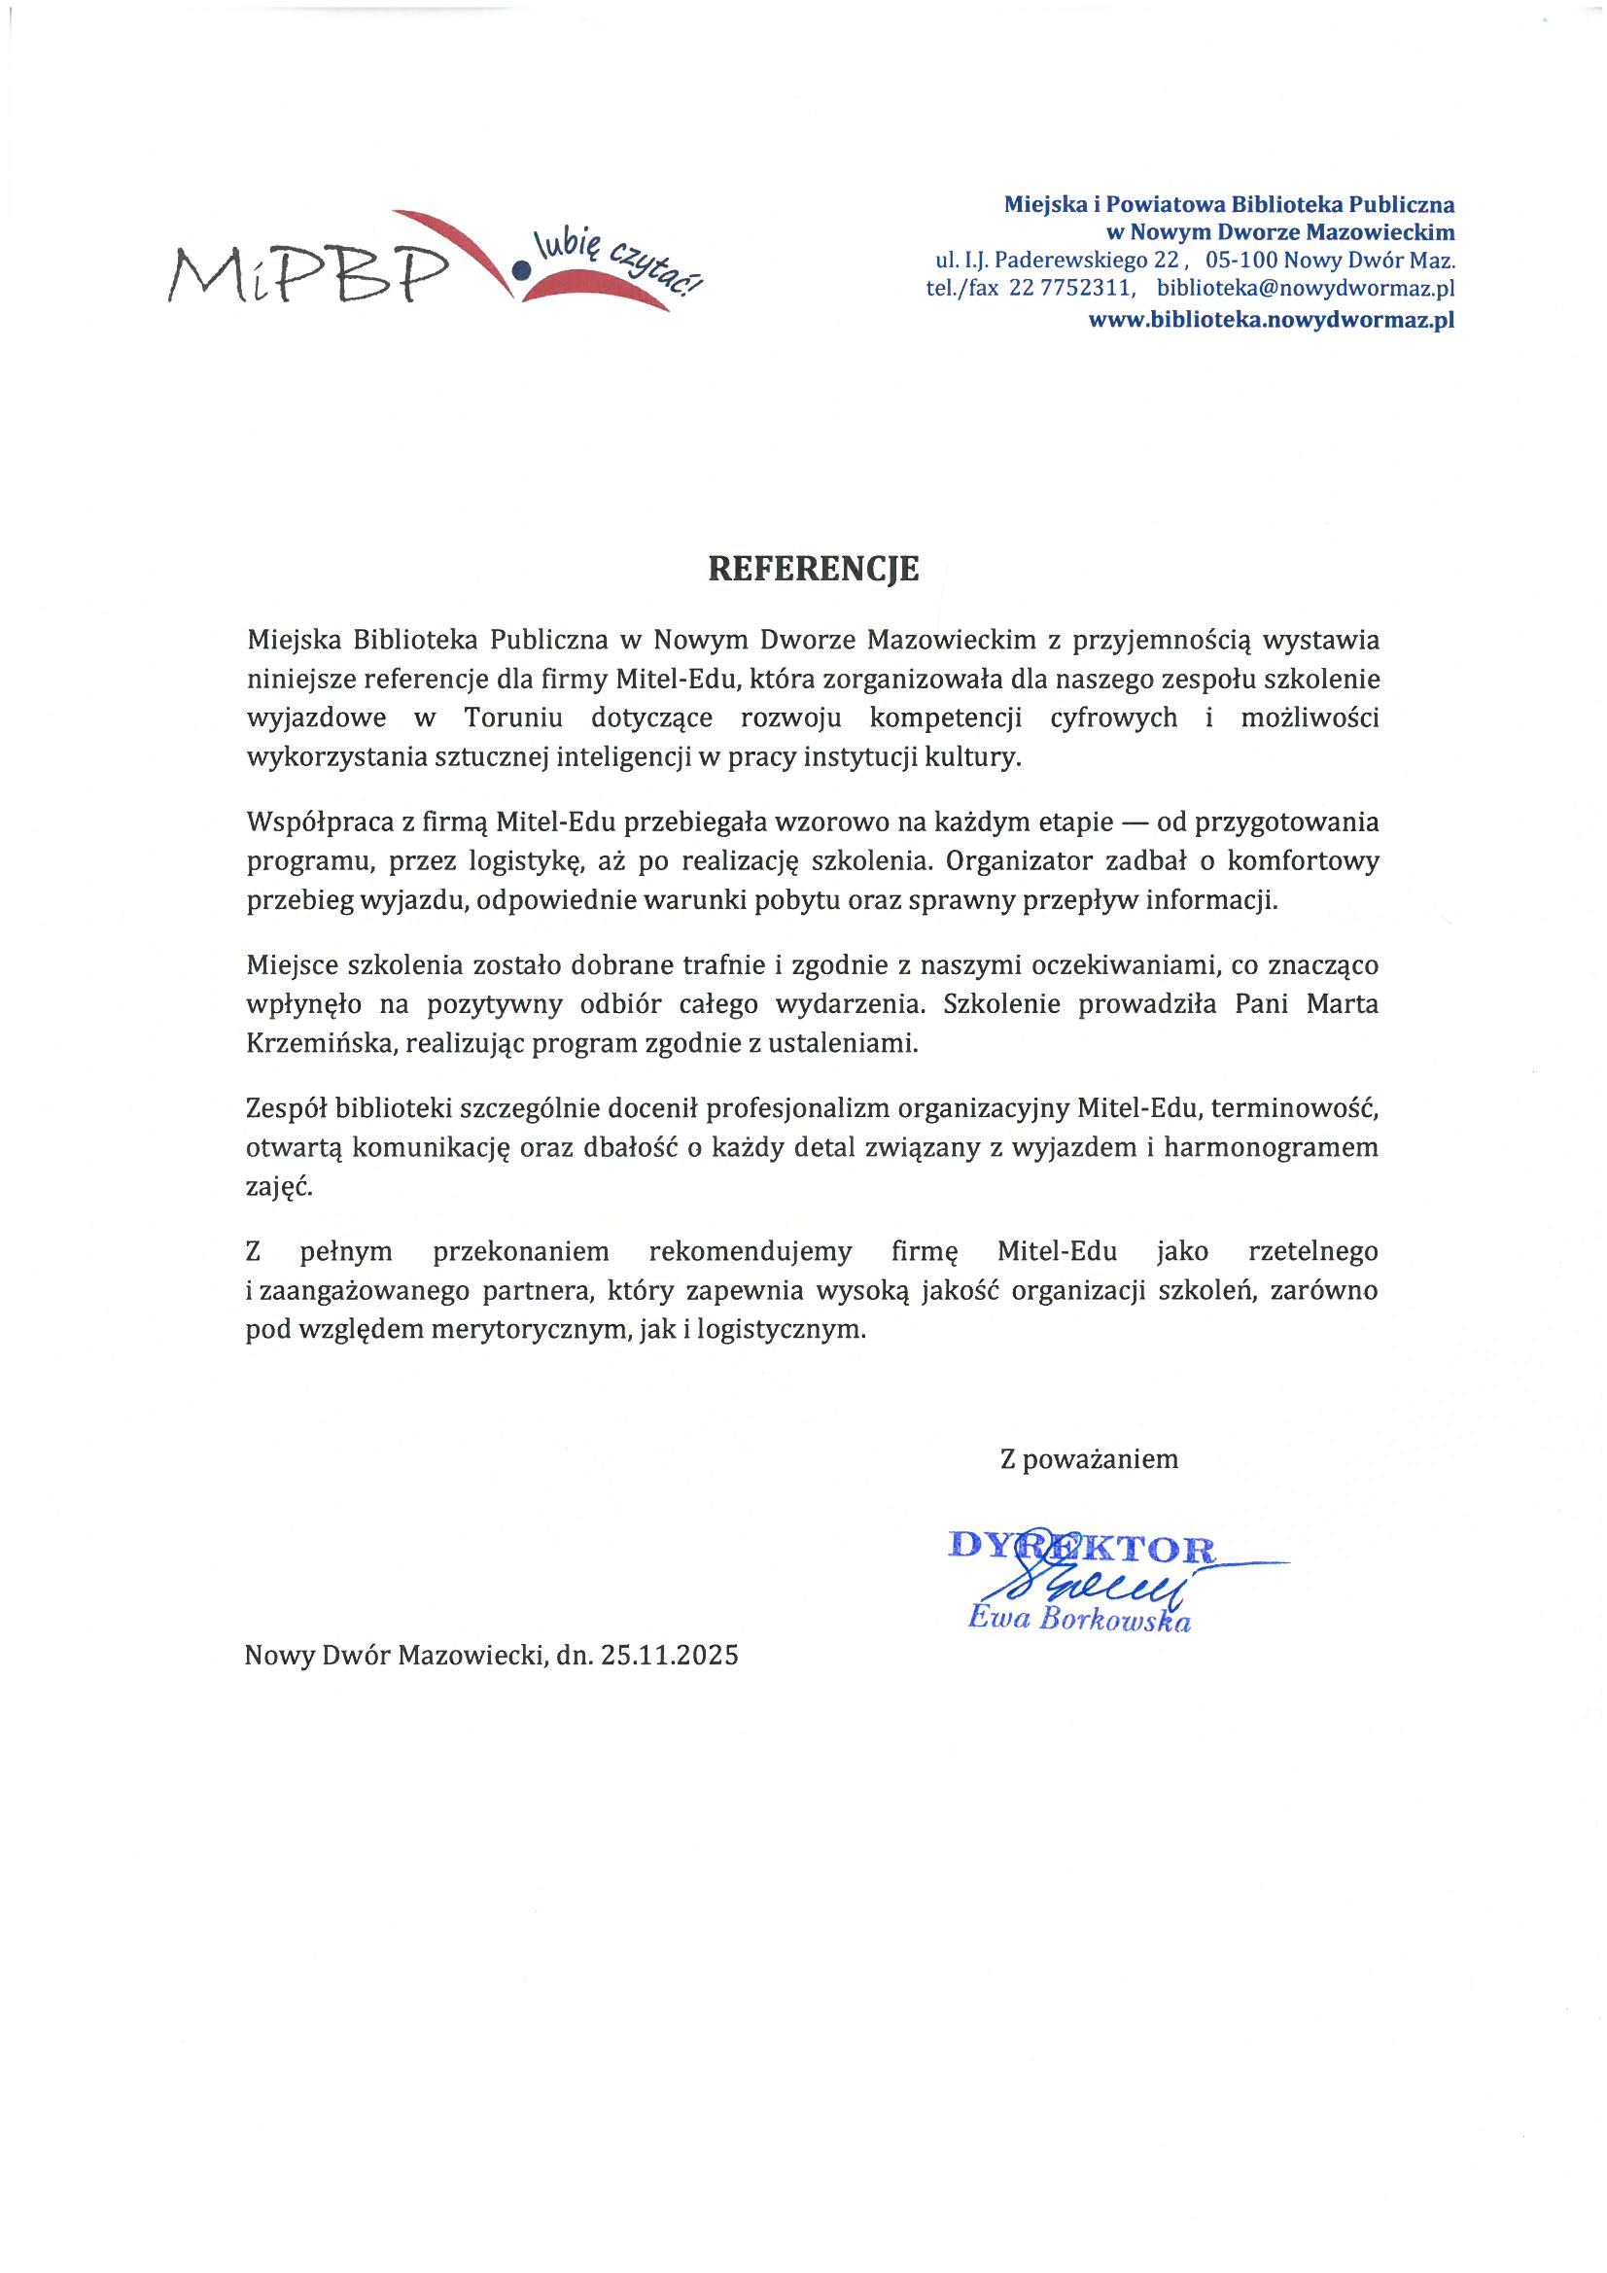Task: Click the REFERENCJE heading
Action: click(813, 568)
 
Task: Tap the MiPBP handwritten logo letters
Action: click(307, 273)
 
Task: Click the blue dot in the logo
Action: click(518, 267)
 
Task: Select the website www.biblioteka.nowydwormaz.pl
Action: click(1271, 320)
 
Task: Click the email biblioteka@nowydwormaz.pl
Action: click(1305, 288)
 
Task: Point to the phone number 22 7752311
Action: click(1069, 288)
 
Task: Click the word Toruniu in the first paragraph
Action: click(513, 717)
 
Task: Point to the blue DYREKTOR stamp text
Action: click(1080, 1548)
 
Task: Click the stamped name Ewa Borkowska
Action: click(1078, 1618)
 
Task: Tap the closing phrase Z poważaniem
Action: click(1088, 1459)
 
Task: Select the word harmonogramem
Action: click(1271, 1147)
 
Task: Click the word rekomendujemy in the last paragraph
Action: click(750, 1251)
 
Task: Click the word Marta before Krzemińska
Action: click(1342, 1004)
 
